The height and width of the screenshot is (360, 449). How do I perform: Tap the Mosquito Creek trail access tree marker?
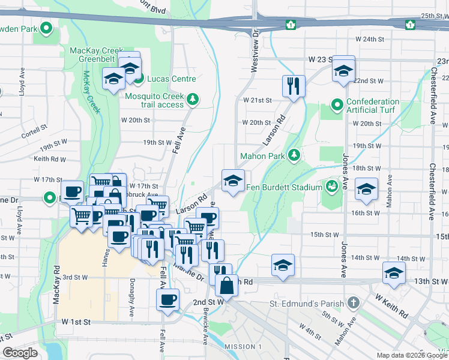coord(193,99)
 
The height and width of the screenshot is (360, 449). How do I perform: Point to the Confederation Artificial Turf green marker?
coord(337,106)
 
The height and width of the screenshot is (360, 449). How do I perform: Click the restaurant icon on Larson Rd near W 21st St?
coord(294,86)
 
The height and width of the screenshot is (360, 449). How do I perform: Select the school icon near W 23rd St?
coord(343,70)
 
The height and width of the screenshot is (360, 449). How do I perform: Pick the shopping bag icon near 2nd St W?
coord(226,286)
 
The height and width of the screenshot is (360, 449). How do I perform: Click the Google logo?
coord(20,353)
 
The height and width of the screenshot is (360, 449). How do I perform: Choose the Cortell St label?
coord(34,128)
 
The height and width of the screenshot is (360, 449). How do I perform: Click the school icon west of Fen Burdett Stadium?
coord(233,180)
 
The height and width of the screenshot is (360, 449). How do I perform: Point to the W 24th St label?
coord(369,39)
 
